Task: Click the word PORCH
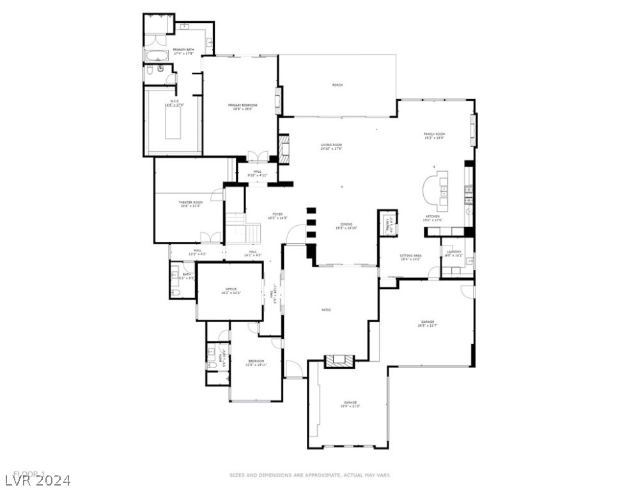[337, 85]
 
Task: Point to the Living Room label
[331, 146]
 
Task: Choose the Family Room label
[434, 135]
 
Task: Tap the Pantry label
[387, 224]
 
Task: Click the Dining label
[346, 226]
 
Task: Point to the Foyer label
[277, 216]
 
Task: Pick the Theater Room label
[190, 204]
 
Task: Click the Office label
[229, 290]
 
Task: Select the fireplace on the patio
[339, 361]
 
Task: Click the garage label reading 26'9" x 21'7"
[428, 323]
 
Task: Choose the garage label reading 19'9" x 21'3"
[350, 403]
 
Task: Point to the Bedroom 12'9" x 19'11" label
[256, 362]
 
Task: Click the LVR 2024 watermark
[36, 479]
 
